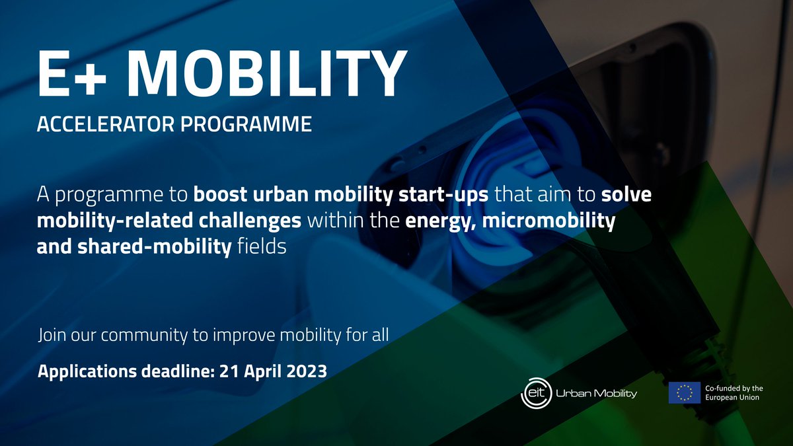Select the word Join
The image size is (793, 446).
tap(51, 334)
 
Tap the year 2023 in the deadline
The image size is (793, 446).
tap(306, 371)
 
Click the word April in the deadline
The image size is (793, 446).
tap(260, 371)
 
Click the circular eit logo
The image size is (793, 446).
tap(533, 393)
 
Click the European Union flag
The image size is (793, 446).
tap(684, 392)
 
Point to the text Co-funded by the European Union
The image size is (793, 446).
tap(734, 392)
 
